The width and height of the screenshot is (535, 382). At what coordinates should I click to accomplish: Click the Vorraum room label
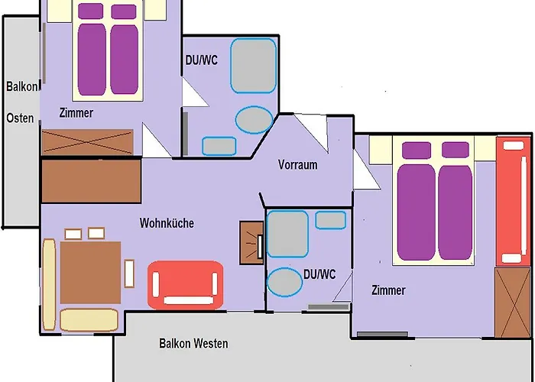[x=297, y=164]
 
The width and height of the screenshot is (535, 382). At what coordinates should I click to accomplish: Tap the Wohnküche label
[x=167, y=224]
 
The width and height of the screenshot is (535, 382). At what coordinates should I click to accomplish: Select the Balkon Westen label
[x=193, y=344]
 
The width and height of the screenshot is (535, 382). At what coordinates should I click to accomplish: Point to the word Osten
[x=20, y=118]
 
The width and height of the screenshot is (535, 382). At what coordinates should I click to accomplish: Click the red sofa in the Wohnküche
[x=185, y=284]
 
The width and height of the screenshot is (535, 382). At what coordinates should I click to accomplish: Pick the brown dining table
[x=90, y=271]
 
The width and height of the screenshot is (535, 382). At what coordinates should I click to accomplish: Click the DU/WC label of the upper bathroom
[x=202, y=60]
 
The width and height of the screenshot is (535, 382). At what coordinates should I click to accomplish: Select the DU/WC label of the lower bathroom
[x=319, y=274]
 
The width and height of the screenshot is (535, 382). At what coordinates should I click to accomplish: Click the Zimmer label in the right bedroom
[x=388, y=290]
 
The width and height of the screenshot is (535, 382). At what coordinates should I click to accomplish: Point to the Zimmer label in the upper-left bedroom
[x=76, y=113]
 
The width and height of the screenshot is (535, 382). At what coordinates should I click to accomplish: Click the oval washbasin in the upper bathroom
[x=254, y=118]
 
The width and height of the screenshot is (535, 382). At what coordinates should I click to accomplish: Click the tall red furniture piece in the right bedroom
[x=512, y=201]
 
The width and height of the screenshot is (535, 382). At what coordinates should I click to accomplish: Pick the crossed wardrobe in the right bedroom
[x=513, y=302]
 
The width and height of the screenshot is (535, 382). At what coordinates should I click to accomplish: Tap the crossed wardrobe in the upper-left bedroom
[x=88, y=142]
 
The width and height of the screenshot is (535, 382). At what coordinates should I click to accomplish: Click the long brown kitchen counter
[x=91, y=181]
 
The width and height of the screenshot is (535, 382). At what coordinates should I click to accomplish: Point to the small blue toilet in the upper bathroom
[x=218, y=145]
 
